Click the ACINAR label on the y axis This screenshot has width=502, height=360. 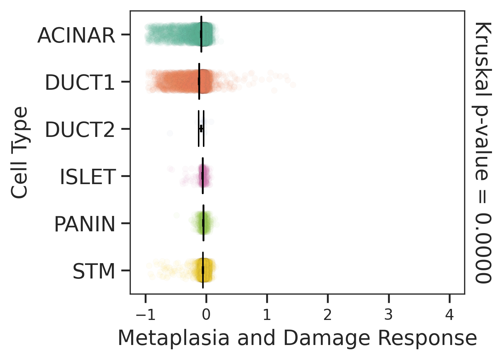click(x=76, y=35)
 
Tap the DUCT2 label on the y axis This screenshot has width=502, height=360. click(x=80, y=130)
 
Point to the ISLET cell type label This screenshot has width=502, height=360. click(x=88, y=177)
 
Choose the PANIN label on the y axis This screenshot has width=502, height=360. click(x=85, y=224)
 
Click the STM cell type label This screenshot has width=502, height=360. click(x=94, y=271)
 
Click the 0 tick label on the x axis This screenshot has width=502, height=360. click(x=206, y=315)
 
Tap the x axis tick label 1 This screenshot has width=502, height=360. click(x=267, y=315)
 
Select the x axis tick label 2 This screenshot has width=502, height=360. click(x=328, y=315)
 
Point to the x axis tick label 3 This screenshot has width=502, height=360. click(x=388, y=315)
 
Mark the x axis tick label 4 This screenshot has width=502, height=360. click(x=449, y=315)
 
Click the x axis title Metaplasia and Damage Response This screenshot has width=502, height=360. click(x=297, y=338)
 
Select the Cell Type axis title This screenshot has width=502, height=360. click(x=20, y=152)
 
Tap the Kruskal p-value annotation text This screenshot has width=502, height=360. click(x=483, y=152)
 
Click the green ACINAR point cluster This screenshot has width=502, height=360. click(x=179, y=34)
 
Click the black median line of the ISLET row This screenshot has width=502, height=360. click(x=203, y=176)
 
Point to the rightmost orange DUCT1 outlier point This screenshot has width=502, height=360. click(x=293, y=85)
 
